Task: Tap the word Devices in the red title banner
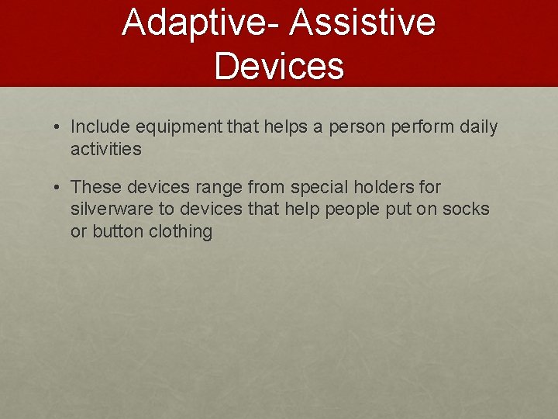(279, 65)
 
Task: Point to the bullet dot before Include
(58, 127)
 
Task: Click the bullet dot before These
(58, 188)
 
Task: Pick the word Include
(99, 126)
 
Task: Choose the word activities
(106, 149)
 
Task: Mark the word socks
(468, 209)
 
